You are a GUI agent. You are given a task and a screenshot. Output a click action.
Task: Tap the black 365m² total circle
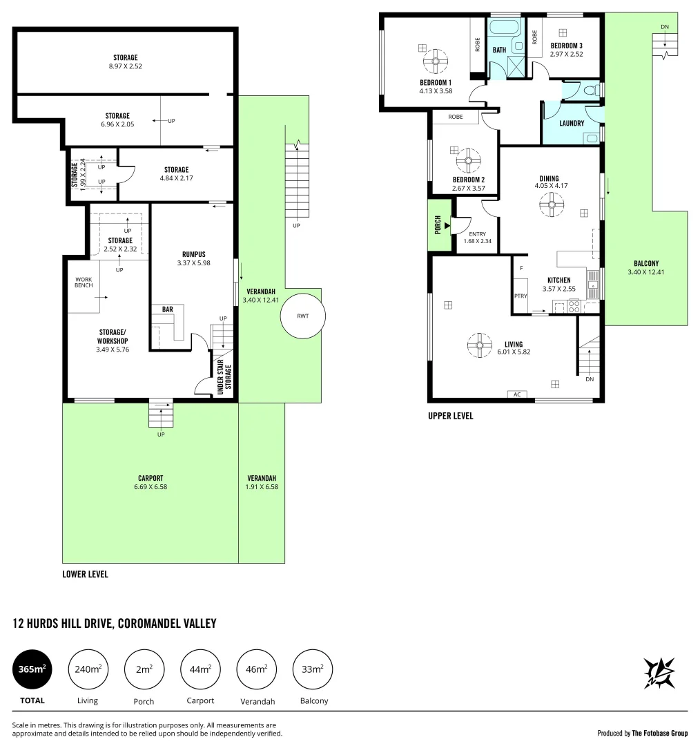[x=32, y=670]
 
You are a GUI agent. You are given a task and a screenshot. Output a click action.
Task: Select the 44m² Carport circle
[x=200, y=670]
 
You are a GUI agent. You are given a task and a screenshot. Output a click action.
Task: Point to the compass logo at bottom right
[x=659, y=672]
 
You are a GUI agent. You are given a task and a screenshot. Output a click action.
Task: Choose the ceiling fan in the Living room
[x=478, y=345]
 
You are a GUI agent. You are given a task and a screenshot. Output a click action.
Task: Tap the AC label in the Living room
[x=516, y=394]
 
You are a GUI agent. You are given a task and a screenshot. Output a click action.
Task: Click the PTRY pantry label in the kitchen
[x=521, y=296]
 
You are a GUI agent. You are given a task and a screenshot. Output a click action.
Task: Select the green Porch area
[x=438, y=225]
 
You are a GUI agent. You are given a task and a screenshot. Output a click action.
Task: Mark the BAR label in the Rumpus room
[x=167, y=309]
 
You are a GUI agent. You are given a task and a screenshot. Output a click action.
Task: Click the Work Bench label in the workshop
[x=84, y=284]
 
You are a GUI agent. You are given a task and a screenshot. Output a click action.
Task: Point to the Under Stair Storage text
[x=224, y=378]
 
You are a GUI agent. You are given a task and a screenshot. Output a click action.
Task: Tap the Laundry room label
[x=572, y=124]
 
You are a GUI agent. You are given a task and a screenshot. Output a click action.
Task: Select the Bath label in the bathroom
[x=499, y=50]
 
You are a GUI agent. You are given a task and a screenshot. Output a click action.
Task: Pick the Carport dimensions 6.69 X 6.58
[x=150, y=487]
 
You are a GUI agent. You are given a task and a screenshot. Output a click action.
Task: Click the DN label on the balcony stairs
[x=665, y=27]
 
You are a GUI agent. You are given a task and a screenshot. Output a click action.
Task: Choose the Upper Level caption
[x=450, y=416]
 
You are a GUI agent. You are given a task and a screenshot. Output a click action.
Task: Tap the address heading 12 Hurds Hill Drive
[x=115, y=624]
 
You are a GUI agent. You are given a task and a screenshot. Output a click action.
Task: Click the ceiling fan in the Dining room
[x=552, y=204]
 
